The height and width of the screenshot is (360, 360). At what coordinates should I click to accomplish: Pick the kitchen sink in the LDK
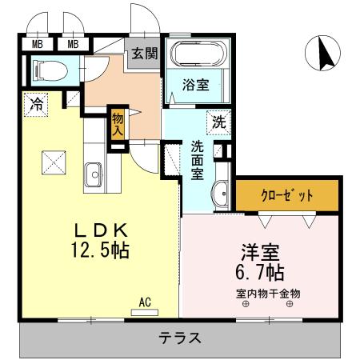(x=93, y=172)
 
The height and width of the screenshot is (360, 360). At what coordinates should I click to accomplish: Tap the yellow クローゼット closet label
(x=287, y=194)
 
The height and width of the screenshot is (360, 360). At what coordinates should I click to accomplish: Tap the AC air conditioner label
(x=146, y=302)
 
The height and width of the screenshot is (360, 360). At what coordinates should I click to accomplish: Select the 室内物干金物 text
(x=268, y=293)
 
